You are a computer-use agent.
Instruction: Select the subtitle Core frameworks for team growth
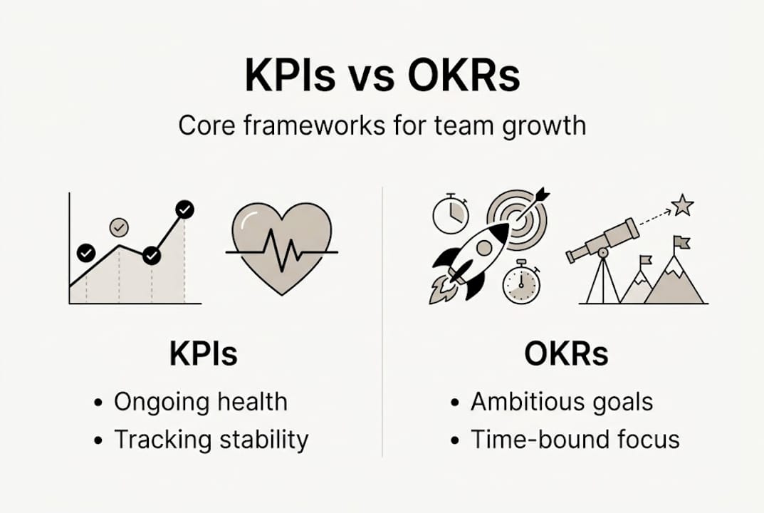(382, 125)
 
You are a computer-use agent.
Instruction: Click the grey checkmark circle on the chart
(119, 227)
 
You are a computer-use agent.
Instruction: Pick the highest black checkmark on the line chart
(184, 209)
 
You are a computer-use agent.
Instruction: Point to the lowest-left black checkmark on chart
(86, 252)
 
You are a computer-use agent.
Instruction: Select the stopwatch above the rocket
(451, 212)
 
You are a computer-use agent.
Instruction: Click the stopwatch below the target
(521, 283)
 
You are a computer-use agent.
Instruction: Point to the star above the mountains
(682, 205)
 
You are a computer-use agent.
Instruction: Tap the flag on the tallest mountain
(681, 243)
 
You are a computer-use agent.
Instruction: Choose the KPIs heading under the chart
(203, 353)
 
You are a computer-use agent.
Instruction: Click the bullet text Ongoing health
(200, 402)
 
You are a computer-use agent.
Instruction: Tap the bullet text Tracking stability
(211, 440)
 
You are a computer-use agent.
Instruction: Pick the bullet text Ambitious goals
(561, 402)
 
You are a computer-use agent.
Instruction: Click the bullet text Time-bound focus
(575, 440)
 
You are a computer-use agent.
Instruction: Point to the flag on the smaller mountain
(645, 261)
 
